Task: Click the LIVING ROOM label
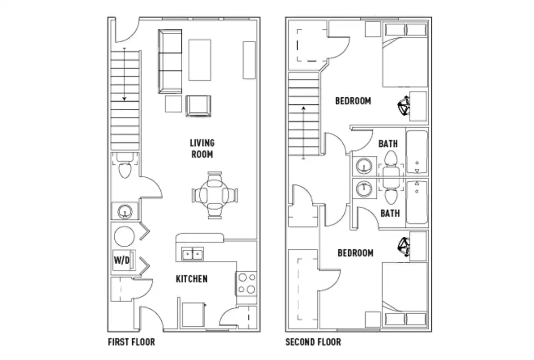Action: point(202,148)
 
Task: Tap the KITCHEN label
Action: point(192,279)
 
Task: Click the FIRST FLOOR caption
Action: point(131,342)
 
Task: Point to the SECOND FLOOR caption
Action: point(313,342)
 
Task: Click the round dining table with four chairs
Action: point(215,196)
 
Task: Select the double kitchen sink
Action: point(193,254)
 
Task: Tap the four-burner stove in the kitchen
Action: point(247,283)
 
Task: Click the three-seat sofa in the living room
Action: point(170,61)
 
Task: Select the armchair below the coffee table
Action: point(198,106)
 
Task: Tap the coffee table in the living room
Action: point(200,60)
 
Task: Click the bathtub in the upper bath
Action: point(417,153)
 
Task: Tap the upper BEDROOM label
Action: point(353,101)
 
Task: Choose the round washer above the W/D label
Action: point(124,236)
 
